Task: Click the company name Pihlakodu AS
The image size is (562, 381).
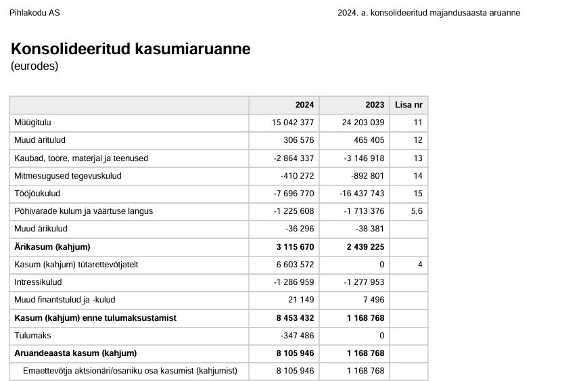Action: (34, 13)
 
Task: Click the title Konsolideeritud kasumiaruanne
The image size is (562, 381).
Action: (131, 49)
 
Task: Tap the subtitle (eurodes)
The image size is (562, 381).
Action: (34, 66)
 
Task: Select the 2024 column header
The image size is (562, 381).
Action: (304, 105)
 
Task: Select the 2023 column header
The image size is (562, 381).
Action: (375, 105)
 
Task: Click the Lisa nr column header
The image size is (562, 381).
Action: (408, 105)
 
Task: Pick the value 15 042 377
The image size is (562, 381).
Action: (293, 122)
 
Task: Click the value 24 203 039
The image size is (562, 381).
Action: (363, 122)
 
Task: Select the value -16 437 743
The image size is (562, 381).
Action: (362, 194)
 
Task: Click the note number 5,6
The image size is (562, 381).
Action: (416, 211)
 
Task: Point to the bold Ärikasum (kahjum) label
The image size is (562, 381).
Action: (52, 246)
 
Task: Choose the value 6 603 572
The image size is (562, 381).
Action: (295, 264)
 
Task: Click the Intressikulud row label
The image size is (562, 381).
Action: (38, 282)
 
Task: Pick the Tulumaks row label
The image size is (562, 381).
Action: (32, 335)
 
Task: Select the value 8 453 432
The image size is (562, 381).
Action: (295, 317)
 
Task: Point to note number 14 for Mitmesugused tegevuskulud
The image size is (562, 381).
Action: (417, 176)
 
